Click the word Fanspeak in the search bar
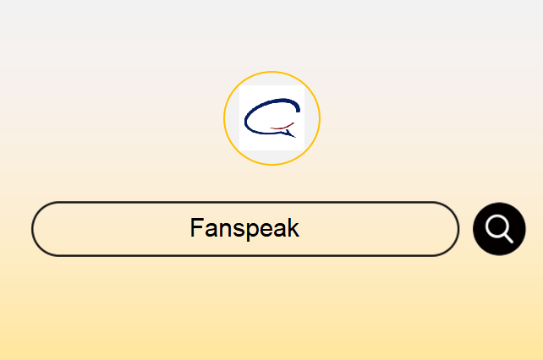(244, 228)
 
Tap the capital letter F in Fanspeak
(196, 227)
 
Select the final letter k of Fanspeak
(293, 227)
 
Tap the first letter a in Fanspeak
(206, 230)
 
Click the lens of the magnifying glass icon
(496, 226)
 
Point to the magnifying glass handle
(508, 238)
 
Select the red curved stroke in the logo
(282, 127)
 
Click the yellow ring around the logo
(271, 72)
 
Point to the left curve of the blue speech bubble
(245, 121)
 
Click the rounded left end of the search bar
(32, 229)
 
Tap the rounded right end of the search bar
(458, 229)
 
